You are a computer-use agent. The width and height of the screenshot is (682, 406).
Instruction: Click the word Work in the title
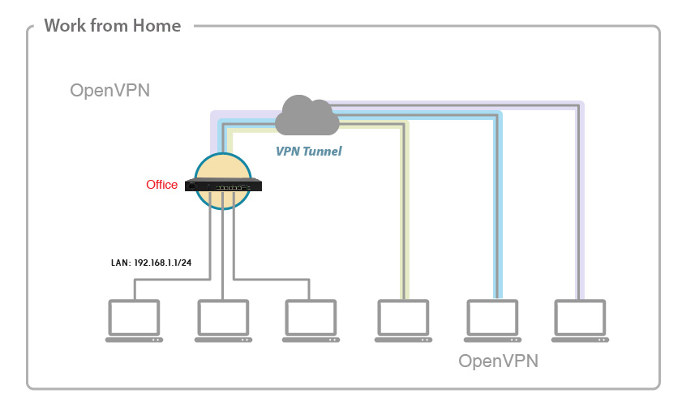coord(63,26)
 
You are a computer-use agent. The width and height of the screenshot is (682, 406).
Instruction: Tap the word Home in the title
coord(158,26)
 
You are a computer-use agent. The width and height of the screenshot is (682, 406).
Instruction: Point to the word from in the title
coord(109,26)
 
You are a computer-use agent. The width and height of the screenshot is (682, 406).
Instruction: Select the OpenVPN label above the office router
coord(109,91)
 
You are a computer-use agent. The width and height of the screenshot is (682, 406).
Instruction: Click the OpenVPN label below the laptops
coord(498,360)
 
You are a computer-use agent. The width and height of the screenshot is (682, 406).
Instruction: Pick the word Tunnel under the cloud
coord(323,151)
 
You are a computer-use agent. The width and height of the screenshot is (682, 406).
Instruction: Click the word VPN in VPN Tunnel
coord(288,151)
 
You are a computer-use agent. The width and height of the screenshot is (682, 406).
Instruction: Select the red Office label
coord(161,185)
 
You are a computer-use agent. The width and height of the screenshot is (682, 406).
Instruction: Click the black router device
coord(223,186)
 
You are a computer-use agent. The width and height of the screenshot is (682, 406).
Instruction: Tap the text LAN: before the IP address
coord(120,263)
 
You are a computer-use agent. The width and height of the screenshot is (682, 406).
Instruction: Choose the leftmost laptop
coord(134,321)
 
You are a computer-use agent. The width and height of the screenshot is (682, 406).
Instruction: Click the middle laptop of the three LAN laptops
coord(223,321)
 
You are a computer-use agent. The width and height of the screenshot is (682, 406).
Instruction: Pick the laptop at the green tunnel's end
coord(402,321)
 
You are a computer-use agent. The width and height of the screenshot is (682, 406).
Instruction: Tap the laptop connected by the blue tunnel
coord(491,321)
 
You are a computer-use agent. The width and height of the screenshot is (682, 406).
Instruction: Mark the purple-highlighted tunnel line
coord(581,203)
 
